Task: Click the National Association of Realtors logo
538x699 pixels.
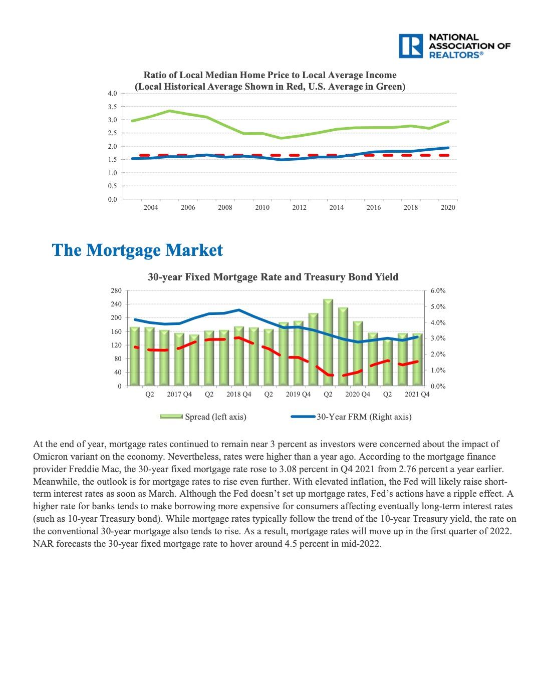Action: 454,46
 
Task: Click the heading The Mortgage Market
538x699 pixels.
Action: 137,250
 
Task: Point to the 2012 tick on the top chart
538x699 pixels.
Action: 299,207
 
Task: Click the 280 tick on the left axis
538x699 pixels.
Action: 116,290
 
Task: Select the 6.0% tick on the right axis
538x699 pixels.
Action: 438,290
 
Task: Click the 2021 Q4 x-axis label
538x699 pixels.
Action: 417,394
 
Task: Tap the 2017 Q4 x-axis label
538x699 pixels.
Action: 179,394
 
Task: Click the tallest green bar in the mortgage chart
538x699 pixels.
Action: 328,342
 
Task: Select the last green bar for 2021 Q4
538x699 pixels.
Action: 417,360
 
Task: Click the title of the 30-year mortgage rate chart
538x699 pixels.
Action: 273,277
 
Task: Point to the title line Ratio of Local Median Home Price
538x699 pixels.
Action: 270,75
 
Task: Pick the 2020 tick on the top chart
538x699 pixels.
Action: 448,207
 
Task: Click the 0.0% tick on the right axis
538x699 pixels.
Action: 438,387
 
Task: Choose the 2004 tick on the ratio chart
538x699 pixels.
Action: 150,207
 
